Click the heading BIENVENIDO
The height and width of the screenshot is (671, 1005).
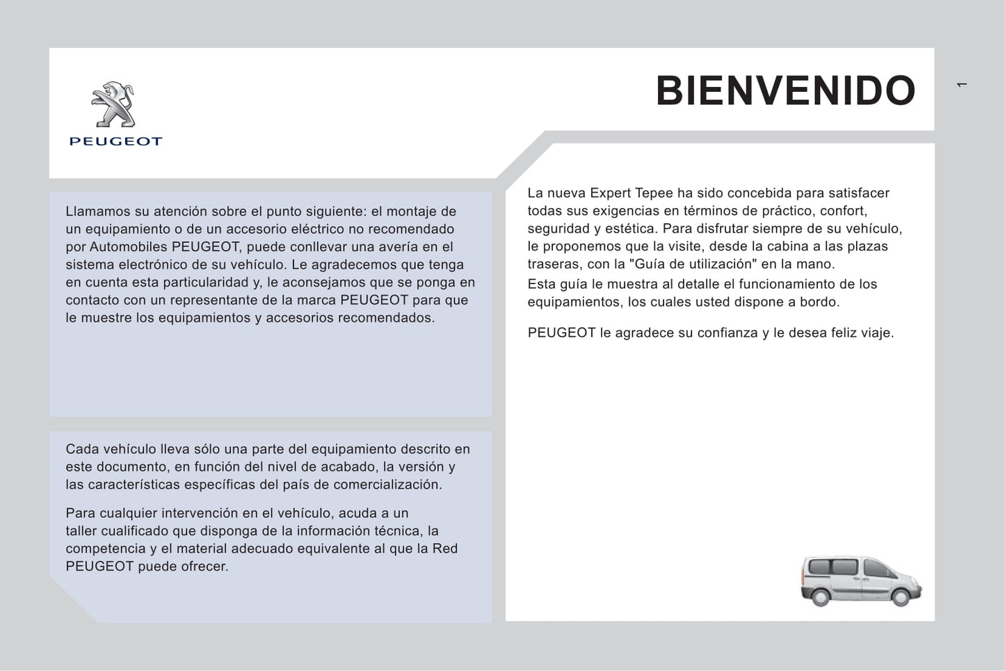coord(785,90)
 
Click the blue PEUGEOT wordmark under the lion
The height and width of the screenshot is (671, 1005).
coord(115,141)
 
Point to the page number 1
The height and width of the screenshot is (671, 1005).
coord(962,85)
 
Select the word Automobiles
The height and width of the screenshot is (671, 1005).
coord(129,247)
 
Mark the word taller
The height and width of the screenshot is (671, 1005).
coord(81,531)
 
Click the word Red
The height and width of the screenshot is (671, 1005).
coord(445,548)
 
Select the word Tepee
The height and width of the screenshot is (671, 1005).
coord(654,194)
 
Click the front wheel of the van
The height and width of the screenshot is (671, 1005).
coord(901,597)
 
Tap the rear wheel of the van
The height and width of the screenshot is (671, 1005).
coord(821,597)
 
